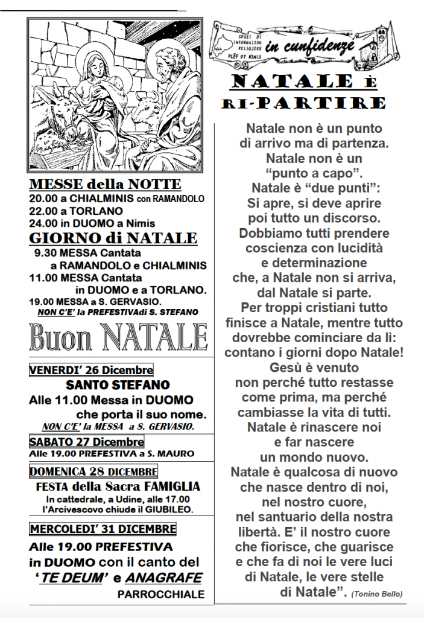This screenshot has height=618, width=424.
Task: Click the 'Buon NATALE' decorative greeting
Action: point(118,337)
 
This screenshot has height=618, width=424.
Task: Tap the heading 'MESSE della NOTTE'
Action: point(105,184)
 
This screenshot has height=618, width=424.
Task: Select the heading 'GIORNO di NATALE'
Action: point(113,238)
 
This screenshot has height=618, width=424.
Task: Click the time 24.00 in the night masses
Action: point(41,223)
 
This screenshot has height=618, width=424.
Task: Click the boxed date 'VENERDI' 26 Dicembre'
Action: point(91,370)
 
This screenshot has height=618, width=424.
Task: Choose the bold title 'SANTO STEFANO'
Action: point(118,384)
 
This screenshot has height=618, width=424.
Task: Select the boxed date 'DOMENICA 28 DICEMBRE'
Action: point(93,471)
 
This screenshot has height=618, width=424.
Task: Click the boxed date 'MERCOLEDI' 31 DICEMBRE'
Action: point(103,529)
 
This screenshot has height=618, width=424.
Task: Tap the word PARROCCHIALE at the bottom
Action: point(160,594)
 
